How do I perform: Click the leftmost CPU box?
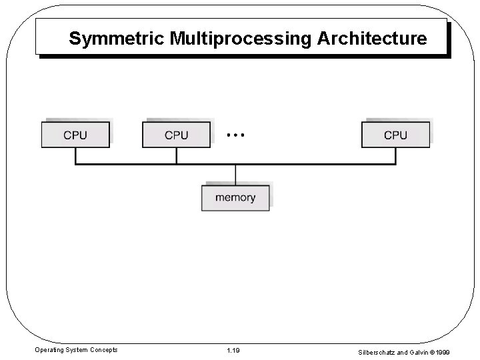[75, 135]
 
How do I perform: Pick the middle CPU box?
[176, 135]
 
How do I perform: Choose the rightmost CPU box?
[395, 135]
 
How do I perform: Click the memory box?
[235, 197]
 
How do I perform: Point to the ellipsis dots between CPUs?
[235, 135]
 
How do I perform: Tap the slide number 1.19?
[233, 350]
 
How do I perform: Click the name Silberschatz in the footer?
[381, 350]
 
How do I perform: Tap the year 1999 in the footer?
[459, 350]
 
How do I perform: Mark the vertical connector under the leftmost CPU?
[75, 155]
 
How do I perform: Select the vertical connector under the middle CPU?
[176, 155]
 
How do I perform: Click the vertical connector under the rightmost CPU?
[395, 155]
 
